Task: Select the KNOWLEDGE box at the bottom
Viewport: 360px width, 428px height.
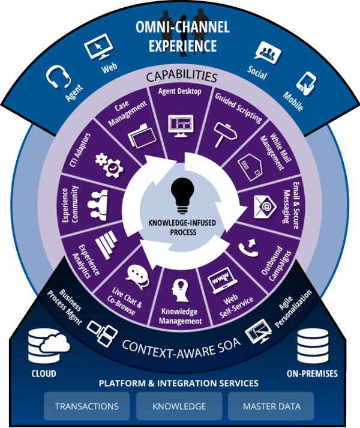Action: [179, 406]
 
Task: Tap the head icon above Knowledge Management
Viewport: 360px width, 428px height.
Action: [180, 289]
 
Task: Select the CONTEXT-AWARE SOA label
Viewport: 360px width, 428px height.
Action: [179, 346]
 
